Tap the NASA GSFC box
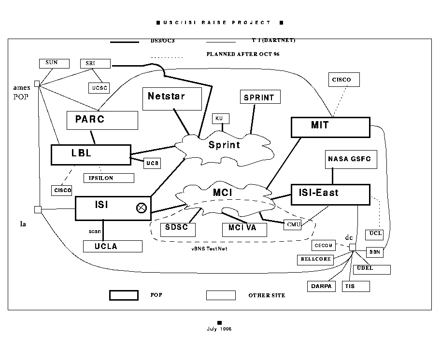click(x=349, y=159)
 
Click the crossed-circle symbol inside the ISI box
click(x=142, y=208)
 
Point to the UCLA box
click(x=113, y=246)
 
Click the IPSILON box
click(x=108, y=178)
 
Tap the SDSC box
click(x=173, y=228)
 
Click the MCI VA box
click(x=244, y=229)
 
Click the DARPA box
click(x=321, y=286)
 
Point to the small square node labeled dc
click(x=353, y=248)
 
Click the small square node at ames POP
click(x=37, y=83)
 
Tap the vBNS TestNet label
click(x=209, y=249)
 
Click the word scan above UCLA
click(x=95, y=231)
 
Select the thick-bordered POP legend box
click(x=124, y=295)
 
